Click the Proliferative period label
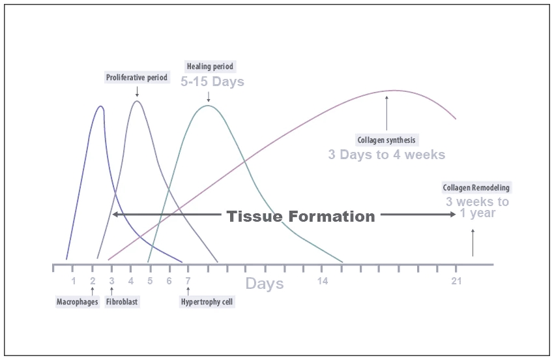click(x=137, y=78)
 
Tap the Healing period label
click(x=210, y=67)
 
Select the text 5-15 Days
click(x=212, y=82)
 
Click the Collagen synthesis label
click(x=386, y=140)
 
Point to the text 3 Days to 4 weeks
click(x=386, y=155)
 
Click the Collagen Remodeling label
click(x=476, y=188)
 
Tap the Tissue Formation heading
click(x=301, y=217)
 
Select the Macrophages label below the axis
click(x=78, y=302)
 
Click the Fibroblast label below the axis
click(x=123, y=302)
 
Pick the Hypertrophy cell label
click(x=207, y=302)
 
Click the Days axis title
click(x=265, y=284)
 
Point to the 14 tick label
click(x=323, y=281)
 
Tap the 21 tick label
click(x=456, y=281)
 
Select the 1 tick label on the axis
click(x=74, y=281)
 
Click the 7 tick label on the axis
click(x=188, y=281)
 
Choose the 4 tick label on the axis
click(x=131, y=281)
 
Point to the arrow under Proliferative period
click(x=137, y=92)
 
